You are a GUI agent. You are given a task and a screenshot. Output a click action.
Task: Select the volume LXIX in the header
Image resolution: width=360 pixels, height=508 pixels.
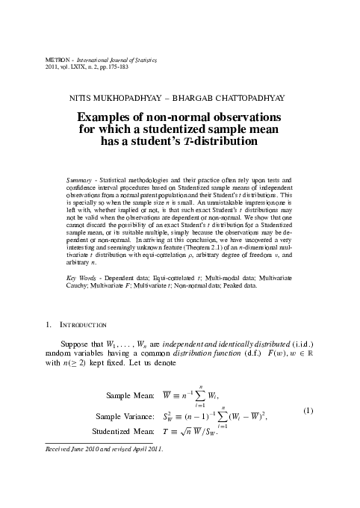[83, 65]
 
